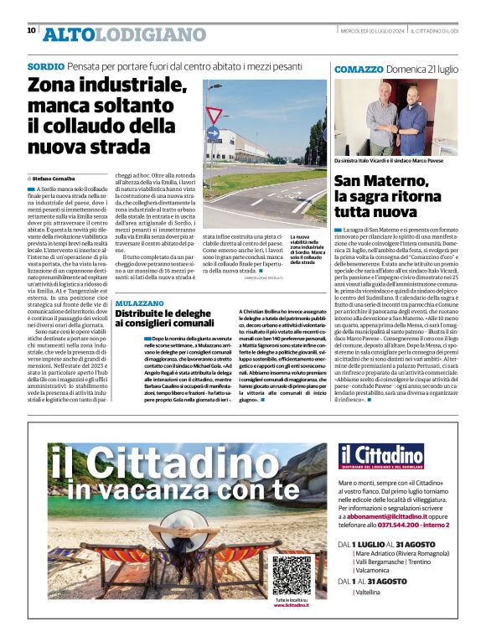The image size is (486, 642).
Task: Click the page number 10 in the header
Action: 32,30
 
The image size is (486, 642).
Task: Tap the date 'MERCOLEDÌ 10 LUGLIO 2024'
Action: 348,32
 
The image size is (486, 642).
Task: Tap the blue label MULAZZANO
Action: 141,302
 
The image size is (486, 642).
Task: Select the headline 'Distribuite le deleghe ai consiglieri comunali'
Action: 165,318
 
